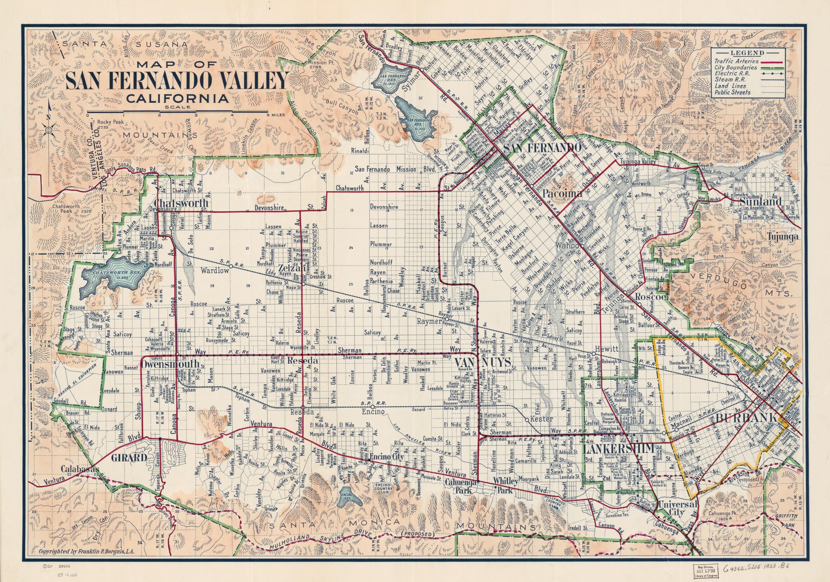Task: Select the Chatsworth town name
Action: tap(182, 203)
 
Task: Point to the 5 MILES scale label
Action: tap(276, 115)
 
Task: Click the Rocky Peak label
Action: tap(112, 122)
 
